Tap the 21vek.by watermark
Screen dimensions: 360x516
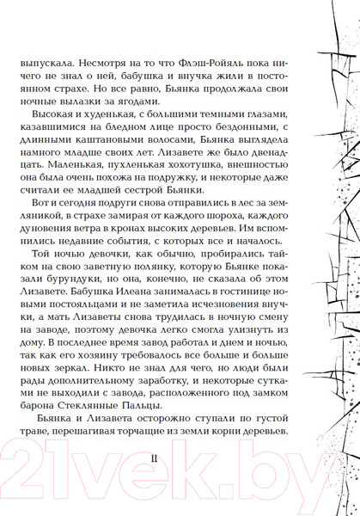coord(180,478)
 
